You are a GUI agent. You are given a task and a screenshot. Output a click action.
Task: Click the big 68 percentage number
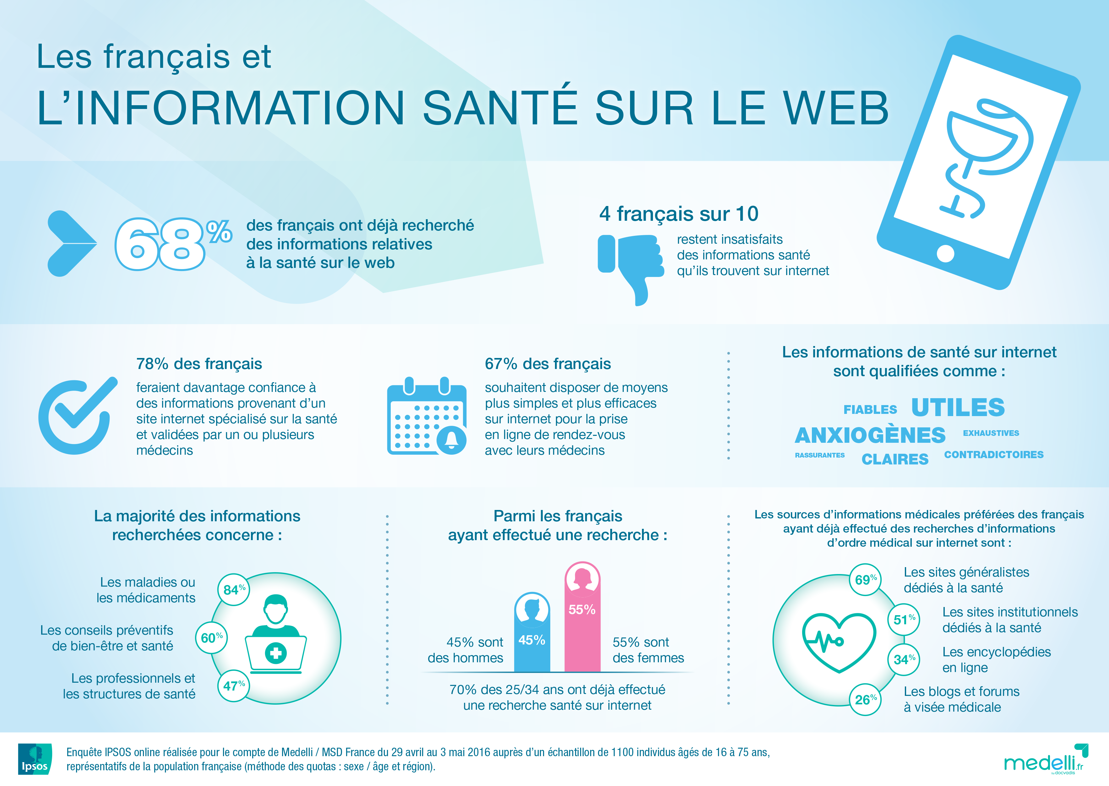coord(160,244)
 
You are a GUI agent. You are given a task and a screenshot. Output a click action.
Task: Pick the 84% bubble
coord(234,589)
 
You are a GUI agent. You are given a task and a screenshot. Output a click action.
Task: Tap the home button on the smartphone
coord(945,253)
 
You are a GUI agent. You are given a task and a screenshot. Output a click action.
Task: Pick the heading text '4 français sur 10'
coord(679,214)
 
